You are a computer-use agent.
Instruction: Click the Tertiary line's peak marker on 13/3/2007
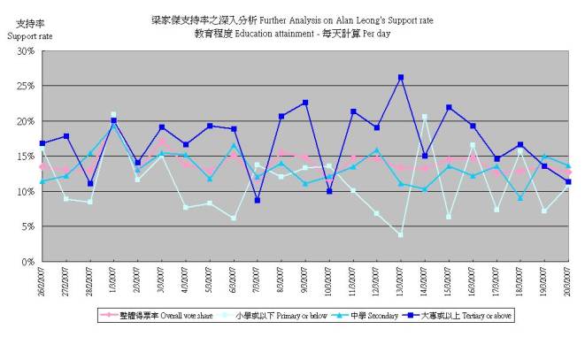click(401, 78)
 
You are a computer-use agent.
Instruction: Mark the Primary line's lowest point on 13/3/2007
click(401, 234)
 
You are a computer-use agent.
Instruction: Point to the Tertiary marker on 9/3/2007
click(305, 103)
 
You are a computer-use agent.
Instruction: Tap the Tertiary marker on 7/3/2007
click(258, 201)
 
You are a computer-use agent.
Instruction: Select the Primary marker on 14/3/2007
click(425, 117)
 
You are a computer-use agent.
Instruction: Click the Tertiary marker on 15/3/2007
click(449, 108)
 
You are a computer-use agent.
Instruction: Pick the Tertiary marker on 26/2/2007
click(42, 143)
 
